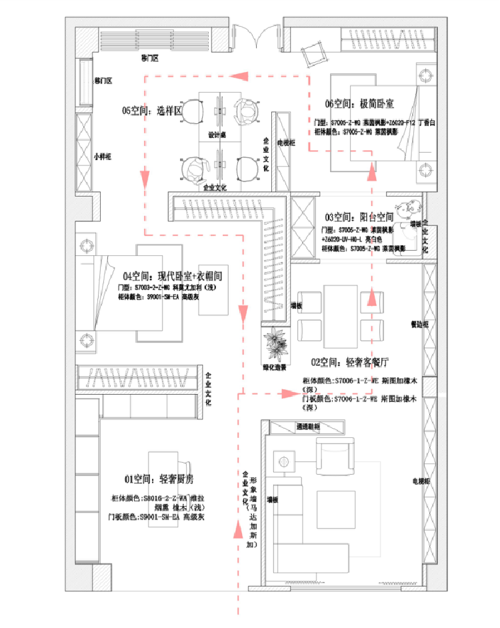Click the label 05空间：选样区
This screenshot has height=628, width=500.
(x=151, y=111)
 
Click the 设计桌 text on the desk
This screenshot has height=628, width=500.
(x=217, y=135)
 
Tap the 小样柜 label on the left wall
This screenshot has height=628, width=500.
(x=102, y=157)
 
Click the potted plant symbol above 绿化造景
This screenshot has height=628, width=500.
(x=274, y=344)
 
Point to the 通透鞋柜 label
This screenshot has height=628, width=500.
(x=309, y=426)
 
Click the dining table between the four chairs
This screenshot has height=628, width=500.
(x=341, y=310)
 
